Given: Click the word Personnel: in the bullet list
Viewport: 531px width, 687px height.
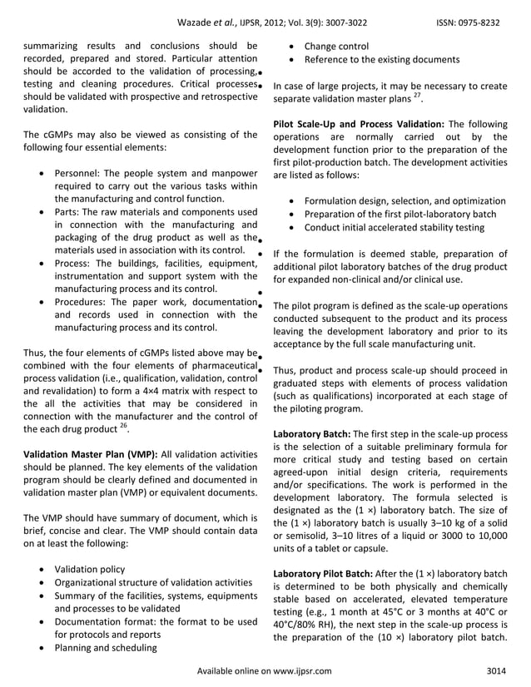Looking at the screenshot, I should click(81, 173).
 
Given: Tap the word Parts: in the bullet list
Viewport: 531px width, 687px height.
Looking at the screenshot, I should click(69, 213).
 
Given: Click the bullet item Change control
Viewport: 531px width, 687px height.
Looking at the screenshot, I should click(336, 46).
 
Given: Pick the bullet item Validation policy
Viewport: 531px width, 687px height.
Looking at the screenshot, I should click(89, 569).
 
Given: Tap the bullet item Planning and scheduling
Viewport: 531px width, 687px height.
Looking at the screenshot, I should click(105, 648).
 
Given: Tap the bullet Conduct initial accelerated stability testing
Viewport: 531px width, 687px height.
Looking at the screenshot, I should click(394, 227).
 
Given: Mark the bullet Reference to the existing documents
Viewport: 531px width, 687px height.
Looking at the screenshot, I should click(381, 59).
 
